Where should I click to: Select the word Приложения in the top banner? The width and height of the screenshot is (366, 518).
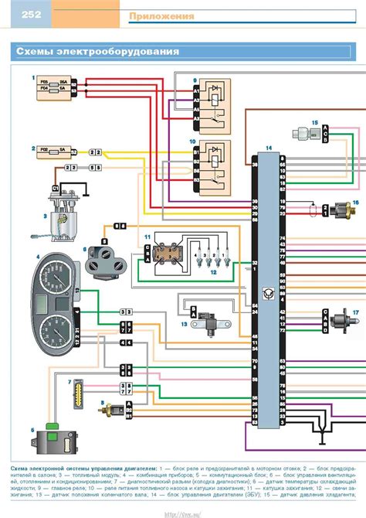161,16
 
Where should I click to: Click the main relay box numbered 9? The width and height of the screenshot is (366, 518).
213,104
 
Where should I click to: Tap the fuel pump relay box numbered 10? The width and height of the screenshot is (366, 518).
213,164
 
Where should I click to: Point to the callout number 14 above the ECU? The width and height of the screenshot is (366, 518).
268,147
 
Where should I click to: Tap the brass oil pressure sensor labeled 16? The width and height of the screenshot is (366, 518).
343,210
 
